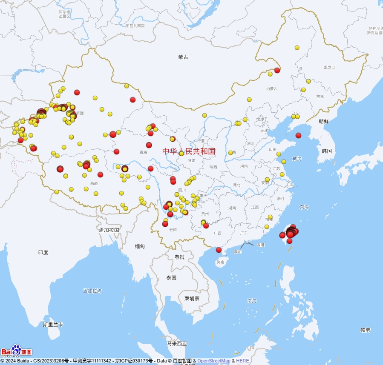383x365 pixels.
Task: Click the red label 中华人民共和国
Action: [189, 151]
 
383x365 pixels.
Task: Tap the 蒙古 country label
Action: [183, 57]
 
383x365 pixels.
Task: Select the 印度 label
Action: [43, 252]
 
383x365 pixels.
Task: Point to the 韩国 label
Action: [327, 151]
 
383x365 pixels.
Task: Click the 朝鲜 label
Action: [324, 121]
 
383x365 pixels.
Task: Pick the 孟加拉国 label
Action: [109, 230]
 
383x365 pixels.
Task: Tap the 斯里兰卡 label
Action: [53, 325]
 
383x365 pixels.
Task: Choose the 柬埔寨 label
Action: [192, 299]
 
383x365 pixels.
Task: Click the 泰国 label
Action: [171, 278]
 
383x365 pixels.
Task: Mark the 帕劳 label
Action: [365, 330]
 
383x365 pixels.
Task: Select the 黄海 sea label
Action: [297, 159]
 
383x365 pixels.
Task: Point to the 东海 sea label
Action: [304, 207]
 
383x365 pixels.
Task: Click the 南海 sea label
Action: [252, 301]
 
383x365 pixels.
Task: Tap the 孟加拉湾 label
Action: [92, 291]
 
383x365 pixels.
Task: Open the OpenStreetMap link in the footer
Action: [213, 361]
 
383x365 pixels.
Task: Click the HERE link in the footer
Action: [242, 361]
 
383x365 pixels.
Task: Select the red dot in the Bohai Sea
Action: [298, 135]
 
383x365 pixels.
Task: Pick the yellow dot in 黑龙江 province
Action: [297, 48]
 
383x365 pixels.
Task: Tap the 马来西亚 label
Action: [177, 344]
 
